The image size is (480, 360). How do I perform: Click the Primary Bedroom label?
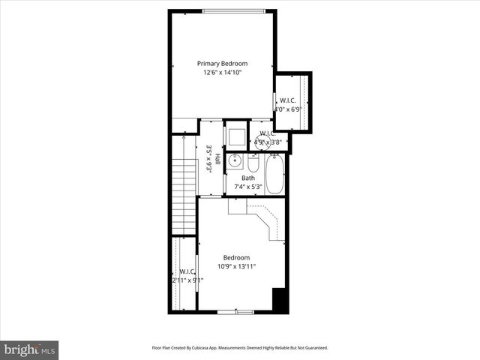222,64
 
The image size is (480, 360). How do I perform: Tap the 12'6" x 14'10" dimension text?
222,73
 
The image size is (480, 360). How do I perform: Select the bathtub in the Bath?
274,174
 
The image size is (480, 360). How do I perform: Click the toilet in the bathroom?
253,163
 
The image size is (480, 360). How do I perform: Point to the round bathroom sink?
235,160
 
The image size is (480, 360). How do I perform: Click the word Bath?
247,178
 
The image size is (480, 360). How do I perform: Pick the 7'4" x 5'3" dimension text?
247,187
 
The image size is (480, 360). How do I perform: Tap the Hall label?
217,159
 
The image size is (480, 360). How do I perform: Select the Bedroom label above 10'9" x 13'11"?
236,258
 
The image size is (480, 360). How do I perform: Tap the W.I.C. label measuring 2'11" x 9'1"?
187,271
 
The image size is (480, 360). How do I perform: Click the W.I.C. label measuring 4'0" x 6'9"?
287,101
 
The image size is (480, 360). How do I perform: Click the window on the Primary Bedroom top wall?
232,10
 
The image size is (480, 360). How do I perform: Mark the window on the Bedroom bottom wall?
235,310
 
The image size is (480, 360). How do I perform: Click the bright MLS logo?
29,349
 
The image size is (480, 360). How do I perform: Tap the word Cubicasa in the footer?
205,348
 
